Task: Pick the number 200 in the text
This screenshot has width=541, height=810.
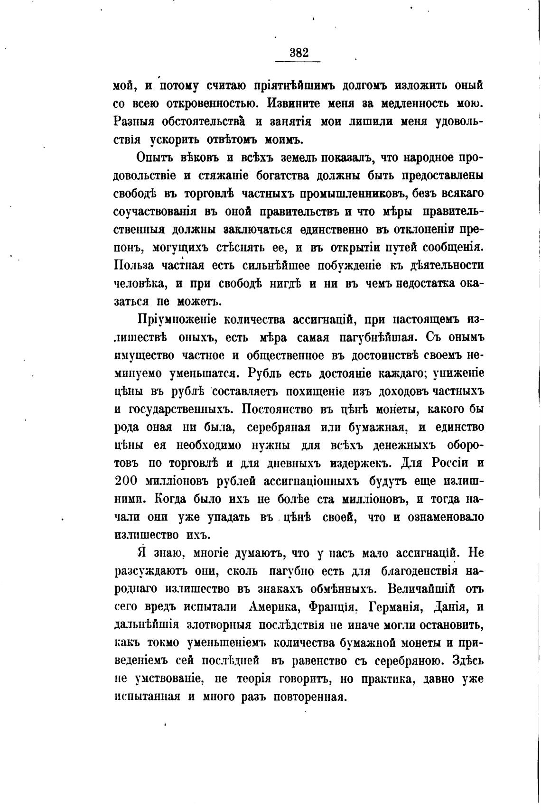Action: point(126,481)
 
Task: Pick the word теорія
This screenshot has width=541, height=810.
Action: point(256,679)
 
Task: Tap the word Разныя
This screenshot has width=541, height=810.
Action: point(135,121)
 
